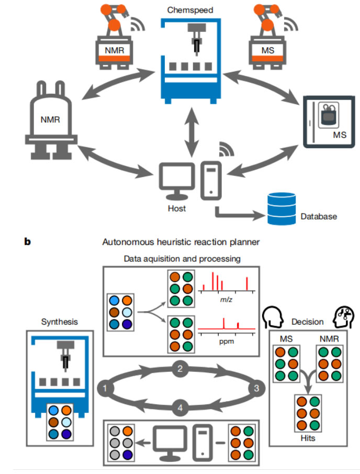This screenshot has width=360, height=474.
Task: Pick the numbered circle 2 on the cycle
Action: [179, 369]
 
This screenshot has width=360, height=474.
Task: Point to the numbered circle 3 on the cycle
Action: [256, 388]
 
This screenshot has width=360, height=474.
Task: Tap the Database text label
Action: [319, 216]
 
